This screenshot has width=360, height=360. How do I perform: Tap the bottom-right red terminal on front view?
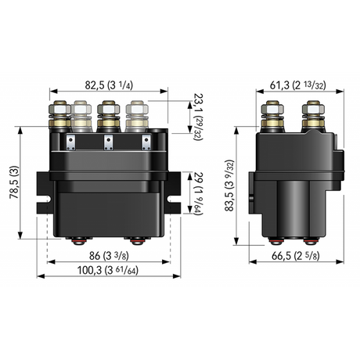(139, 239)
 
